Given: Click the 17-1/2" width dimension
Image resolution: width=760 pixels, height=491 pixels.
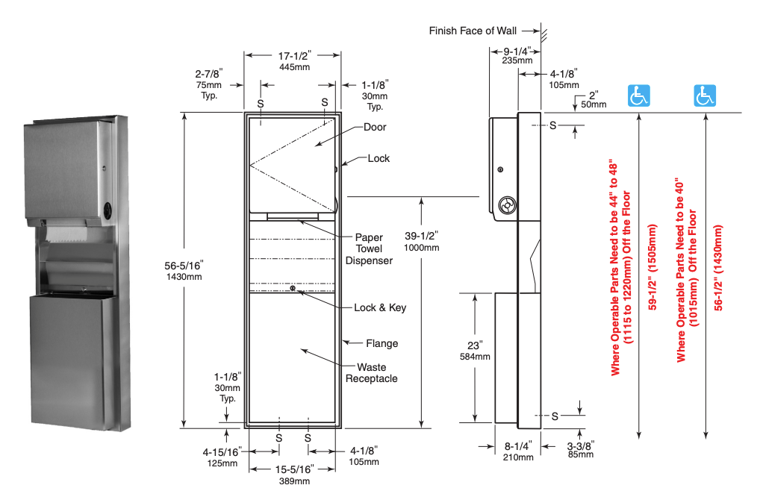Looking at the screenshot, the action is click(x=294, y=56).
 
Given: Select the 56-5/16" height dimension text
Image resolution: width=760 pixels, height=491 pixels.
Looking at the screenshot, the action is click(x=184, y=266).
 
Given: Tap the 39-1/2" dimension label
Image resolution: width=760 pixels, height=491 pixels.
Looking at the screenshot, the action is click(x=421, y=236).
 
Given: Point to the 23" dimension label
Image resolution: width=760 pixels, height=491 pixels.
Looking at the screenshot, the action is click(x=475, y=345).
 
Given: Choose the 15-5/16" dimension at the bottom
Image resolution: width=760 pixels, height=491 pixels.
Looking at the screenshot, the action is click(x=294, y=469).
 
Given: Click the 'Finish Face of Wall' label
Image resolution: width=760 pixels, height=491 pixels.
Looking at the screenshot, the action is click(x=473, y=31).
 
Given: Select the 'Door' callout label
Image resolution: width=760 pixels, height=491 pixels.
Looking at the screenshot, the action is click(x=375, y=127).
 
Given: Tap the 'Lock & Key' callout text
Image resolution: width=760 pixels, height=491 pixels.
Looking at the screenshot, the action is click(x=380, y=307).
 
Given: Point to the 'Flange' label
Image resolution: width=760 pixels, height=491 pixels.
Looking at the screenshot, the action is click(x=382, y=343).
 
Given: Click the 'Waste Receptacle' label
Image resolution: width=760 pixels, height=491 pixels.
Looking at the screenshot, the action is click(x=371, y=373).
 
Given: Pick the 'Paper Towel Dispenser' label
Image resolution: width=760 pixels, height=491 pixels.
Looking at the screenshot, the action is click(x=369, y=249).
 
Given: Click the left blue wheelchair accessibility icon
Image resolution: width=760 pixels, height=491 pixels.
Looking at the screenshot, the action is click(x=639, y=96).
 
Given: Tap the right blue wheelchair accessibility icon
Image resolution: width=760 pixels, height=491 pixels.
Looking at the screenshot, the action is click(x=705, y=96).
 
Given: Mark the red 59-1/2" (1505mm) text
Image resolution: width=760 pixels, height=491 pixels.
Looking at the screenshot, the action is click(x=652, y=267).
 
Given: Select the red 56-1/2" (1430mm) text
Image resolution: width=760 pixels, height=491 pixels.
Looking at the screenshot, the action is click(x=718, y=267).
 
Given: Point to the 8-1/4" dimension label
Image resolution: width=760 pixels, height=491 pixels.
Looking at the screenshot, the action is click(x=517, y=446).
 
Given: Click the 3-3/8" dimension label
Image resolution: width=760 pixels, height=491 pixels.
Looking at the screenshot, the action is click(x=581, y=446).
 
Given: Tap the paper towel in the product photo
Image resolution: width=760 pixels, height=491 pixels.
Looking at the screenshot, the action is click(x=66, y=234).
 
